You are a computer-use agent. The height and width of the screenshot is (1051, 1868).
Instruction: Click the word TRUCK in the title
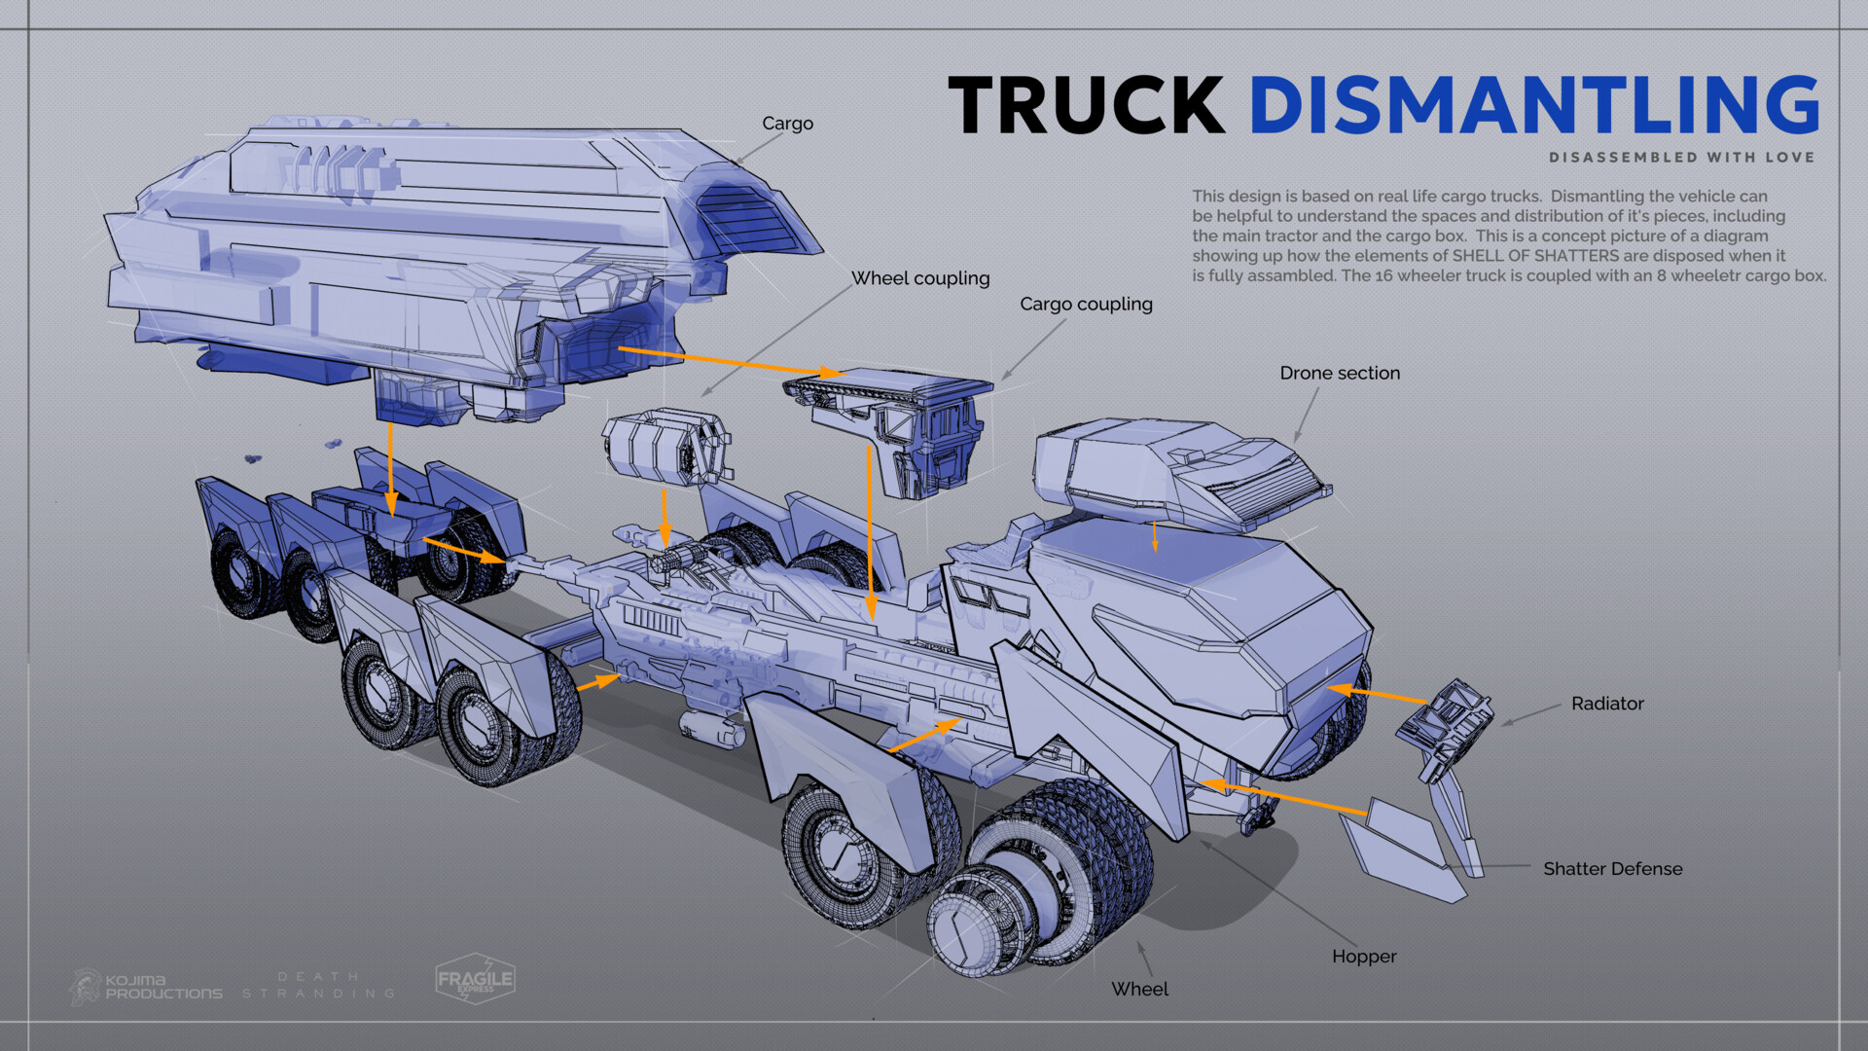point(1086,105)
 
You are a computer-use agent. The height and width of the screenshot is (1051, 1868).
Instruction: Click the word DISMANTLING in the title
point(1533,105)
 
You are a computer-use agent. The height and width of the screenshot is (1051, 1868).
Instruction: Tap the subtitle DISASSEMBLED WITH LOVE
point(1681,158)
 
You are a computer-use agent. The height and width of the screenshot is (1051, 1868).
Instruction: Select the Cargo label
point(787,124)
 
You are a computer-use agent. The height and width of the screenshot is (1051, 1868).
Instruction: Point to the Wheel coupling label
point(920,278)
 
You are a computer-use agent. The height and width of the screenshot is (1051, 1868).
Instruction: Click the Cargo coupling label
point(1086,304)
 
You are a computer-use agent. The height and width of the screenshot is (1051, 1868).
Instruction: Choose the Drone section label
point(1340,373)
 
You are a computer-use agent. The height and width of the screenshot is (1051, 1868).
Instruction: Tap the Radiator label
point(1607,704)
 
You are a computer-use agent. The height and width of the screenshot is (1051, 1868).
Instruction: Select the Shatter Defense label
point(1612,869)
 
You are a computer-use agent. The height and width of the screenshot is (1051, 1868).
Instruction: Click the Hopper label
point(1364,957)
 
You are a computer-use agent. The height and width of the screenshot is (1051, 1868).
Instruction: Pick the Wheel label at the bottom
point(1139,990)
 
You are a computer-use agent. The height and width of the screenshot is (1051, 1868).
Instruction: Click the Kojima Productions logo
point(146,987)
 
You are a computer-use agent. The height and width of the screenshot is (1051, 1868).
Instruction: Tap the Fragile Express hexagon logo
point(475,979)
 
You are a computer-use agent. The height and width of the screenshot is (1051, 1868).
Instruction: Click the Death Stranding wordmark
point(319,985)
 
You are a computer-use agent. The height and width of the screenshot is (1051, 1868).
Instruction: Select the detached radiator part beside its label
point(1445,720)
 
